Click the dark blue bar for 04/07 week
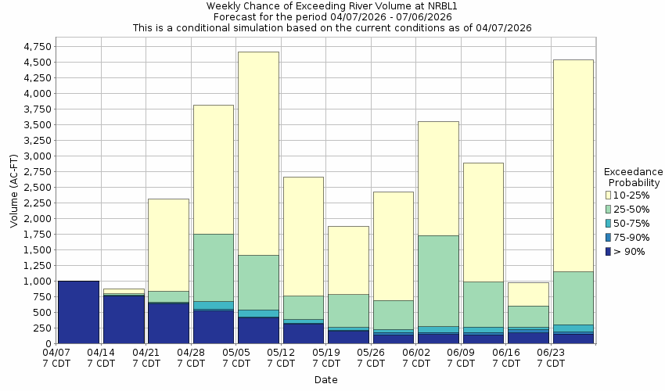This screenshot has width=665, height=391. (x=78, y=312)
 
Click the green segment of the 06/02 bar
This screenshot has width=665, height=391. (x=438, y=281)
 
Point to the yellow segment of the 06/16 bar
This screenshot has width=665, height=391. (x=528, y=294)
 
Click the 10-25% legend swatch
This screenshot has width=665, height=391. (x=609, y=194)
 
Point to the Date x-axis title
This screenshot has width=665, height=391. (x=325, y=380)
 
